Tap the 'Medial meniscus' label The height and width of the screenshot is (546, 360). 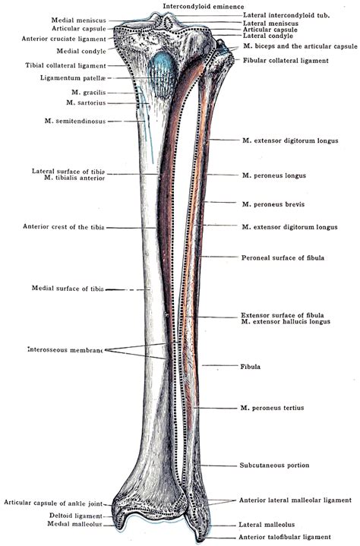coord(79,21)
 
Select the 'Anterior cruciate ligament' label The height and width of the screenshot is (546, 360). coord(73,37)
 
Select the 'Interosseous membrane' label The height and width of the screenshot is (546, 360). coord(65,349)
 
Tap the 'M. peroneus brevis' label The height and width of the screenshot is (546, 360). coord(270,204)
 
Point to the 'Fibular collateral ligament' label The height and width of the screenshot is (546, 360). coord(285,60)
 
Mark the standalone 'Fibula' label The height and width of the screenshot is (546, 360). coord(250,367)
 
